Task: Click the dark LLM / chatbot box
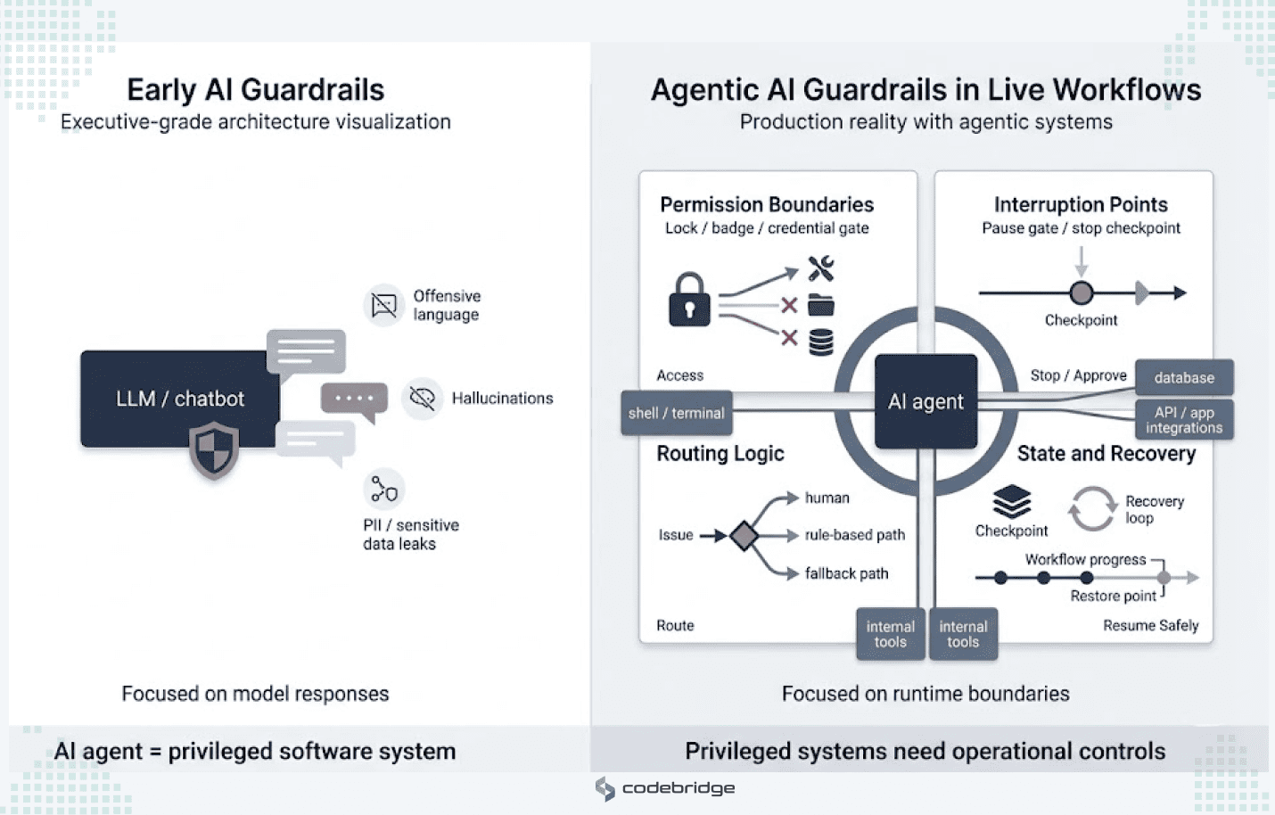[x=179, y=399]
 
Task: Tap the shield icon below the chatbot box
[x=214, y=450]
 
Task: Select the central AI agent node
[x=925, y=401]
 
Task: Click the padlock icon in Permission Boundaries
[x=689, y=300]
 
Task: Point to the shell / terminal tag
[x=676, y=413]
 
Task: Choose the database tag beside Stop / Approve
[x=1183, y=377]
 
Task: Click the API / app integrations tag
[x=1183, y=420]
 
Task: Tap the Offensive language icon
[x=384, y=306]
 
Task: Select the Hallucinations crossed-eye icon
[x=422, y=399]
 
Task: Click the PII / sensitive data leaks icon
[x=384, y=489]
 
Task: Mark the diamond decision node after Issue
[x=744, y=536]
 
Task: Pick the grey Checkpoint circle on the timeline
[x=1081, y=292]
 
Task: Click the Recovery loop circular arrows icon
[x=1092, y=509]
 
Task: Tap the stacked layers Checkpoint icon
[x=1011, y=502]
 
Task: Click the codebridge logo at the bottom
[x=665, y=788]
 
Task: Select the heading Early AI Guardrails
[x=255, y=90]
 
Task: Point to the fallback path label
[x=846, y=573]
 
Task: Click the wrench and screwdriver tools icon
[x=820, y=268]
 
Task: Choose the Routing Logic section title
[x=720, y=454]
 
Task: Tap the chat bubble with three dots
[x=354, y=399]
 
